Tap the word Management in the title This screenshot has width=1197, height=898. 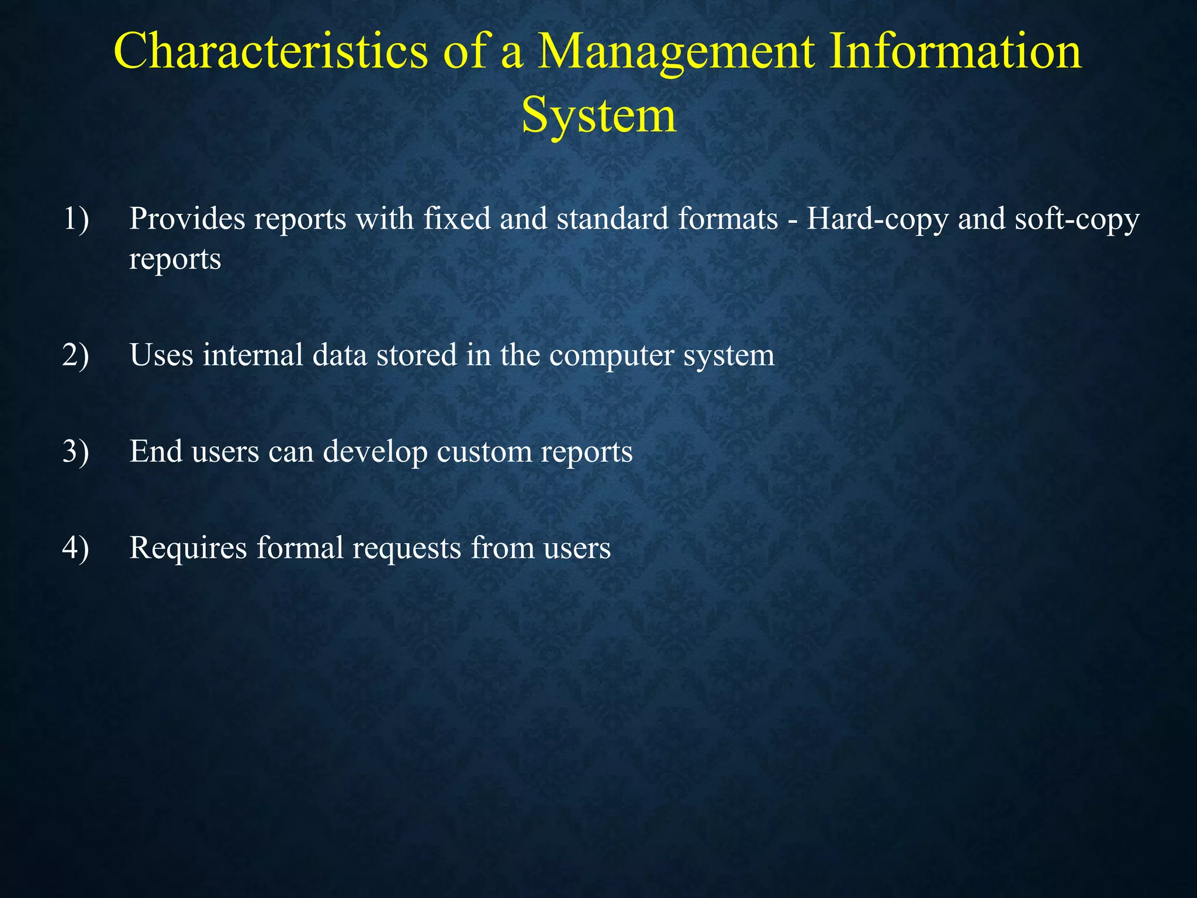(675, 51)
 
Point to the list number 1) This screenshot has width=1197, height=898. (76, 219)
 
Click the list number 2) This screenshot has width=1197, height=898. (76, 355)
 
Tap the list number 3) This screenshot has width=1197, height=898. (76, 451)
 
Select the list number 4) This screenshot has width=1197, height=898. (76, 548)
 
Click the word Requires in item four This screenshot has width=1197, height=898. (188, 548)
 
